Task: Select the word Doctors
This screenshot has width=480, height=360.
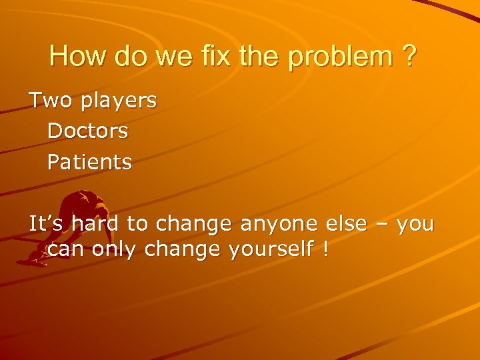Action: (87, 131)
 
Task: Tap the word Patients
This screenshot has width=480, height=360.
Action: (89, 162)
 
